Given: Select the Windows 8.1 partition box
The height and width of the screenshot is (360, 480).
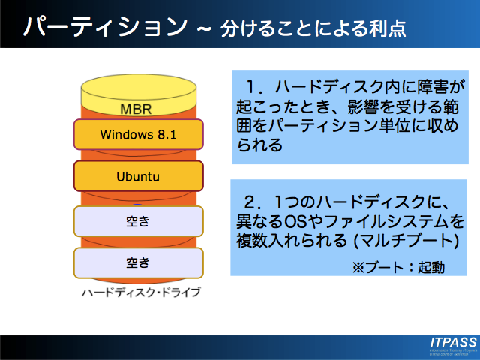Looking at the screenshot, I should (139, 135).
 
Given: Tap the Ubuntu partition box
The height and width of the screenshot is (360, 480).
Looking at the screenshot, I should (139, 177).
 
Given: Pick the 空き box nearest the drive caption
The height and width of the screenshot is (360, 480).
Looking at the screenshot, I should (139, 262).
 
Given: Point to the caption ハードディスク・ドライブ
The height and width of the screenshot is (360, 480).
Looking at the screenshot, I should (141, 292).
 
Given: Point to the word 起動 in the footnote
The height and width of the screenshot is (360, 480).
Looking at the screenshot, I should (429, 266).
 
